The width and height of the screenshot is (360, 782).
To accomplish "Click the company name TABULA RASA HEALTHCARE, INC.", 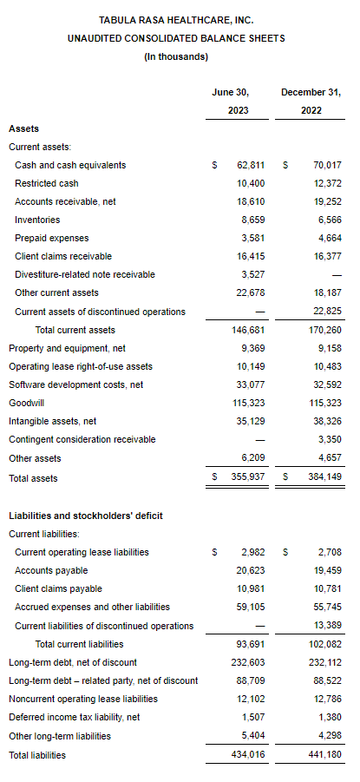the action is [x=176, y=21].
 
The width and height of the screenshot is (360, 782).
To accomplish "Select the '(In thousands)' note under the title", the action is [x=176, y=57].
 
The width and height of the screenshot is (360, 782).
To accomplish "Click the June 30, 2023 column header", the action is [x=238, y=102].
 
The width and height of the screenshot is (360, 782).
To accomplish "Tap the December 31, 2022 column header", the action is [x=311, y=102].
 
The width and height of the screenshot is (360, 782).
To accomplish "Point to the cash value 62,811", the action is [x=251, y=165].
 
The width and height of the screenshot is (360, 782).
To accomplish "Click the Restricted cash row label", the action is [x=46, y=183].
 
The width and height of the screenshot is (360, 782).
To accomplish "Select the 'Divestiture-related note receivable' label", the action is [x=85, y=275].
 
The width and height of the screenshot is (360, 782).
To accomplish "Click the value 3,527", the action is [x=253, y=275].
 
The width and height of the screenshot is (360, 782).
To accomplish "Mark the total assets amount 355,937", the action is [x=249, y=476].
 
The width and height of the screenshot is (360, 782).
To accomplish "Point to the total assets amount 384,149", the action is [x=325, y=476].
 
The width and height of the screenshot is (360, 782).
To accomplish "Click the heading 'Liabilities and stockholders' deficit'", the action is [x=86, y=516].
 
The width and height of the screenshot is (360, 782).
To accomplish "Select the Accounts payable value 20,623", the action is [x=251, y=570].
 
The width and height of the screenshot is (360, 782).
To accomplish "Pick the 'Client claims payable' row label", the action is [x=58, y=589].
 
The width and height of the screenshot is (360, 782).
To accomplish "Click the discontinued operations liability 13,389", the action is [x=328, y=626].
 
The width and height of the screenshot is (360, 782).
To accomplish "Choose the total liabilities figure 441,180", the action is [x=325, y=755].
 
